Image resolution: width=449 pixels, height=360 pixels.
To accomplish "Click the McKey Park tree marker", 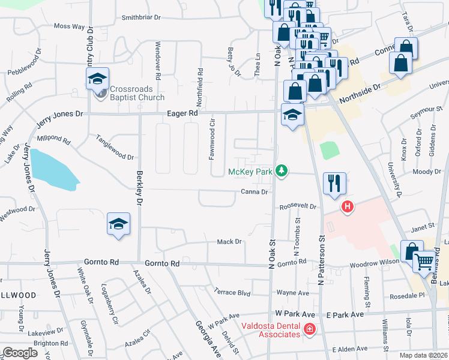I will (x=280, y=172).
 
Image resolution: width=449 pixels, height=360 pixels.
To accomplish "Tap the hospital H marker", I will (x=347, y=208).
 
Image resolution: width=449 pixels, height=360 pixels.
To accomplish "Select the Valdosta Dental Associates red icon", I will (x=309, y=329).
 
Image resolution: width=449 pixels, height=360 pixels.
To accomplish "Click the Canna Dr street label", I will (x=254, y=192).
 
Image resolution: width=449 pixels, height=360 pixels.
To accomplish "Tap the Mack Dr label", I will (x=229, y=242).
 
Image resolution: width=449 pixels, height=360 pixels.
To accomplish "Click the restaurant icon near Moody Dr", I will (x=334, y=183).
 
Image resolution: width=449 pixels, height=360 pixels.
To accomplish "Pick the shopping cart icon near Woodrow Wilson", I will (x=424, y=262).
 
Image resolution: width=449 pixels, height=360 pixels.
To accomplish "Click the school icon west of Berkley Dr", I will (x=118, y=224).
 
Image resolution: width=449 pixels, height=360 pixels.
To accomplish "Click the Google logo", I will (x=20, y=353).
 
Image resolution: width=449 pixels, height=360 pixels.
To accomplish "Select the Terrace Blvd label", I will (x=232, y=292).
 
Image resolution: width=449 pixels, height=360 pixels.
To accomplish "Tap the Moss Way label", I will (x=69, y=26).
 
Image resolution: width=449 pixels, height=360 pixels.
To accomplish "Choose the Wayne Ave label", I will (x=292, y=293).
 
